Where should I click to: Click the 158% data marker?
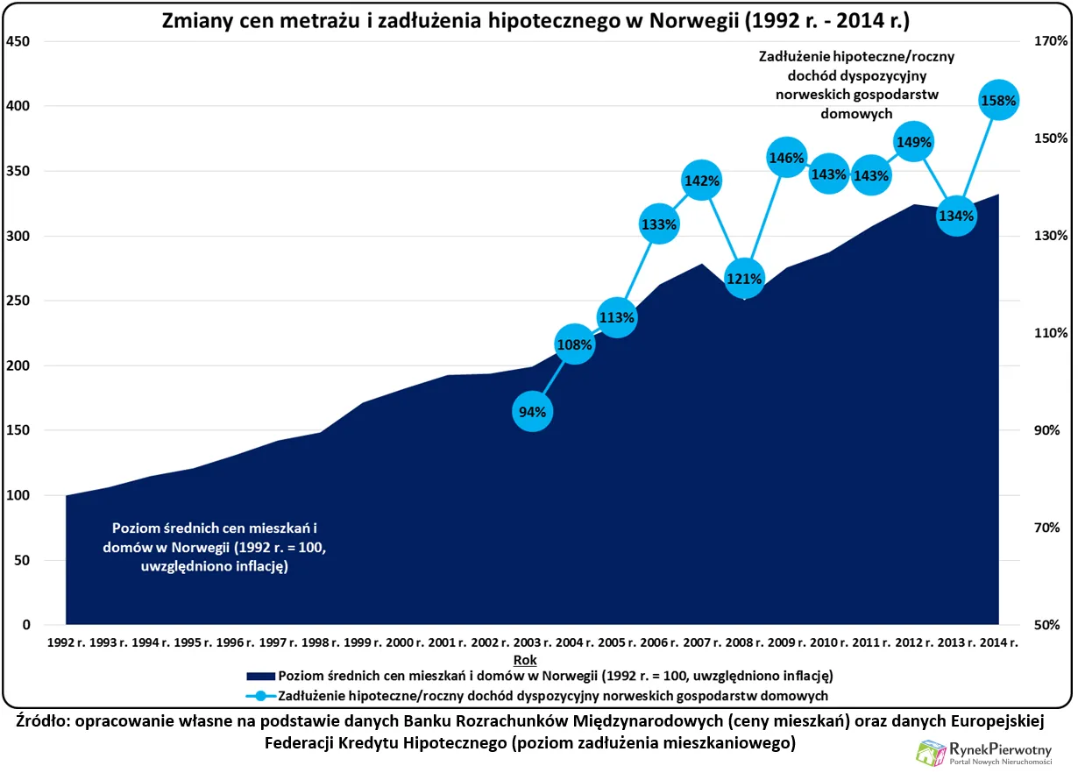[x=998, y=100]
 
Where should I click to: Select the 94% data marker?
[x=531, y=411]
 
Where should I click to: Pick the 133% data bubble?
[x=658, y=223]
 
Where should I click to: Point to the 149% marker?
[x=913, y=140]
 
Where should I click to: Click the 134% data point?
[x=955, y=216]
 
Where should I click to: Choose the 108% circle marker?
[x=574, y=344]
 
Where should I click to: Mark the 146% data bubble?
[x=786, y=158]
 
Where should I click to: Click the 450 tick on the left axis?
[x=18, y=41]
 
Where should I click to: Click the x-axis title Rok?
[x=526, y=659]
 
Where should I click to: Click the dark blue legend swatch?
[x=260, y=677]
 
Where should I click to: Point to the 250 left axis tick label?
[x=18, y=301]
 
